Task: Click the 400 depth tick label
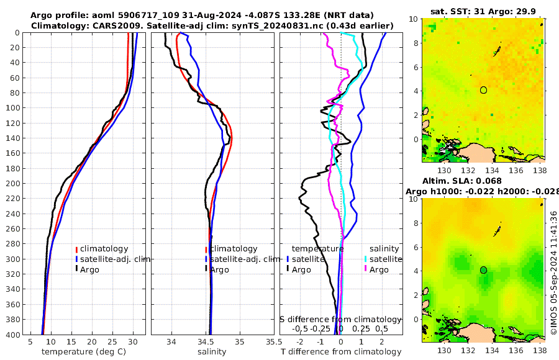click(12, 335)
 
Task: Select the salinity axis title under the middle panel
click(211, 352)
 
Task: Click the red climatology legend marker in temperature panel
click(76, 249)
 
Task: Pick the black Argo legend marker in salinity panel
click(206, 269)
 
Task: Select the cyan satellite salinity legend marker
click(366, 259)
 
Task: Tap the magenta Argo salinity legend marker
click(366, 269)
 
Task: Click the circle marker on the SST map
click(483, 90)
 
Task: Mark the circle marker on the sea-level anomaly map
click(483, 270)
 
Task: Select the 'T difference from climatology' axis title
click(341, 352)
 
